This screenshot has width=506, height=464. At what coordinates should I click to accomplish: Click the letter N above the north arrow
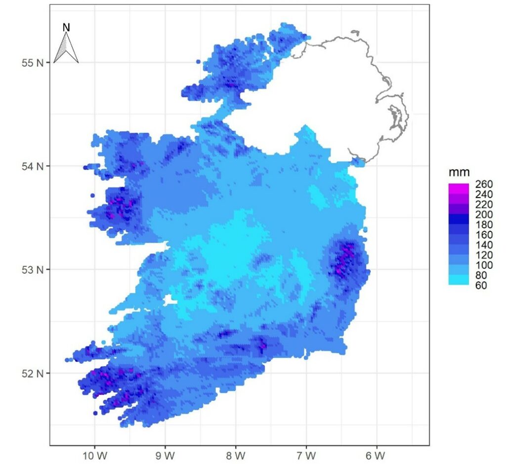pyautogui.click(x=66, y=28)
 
